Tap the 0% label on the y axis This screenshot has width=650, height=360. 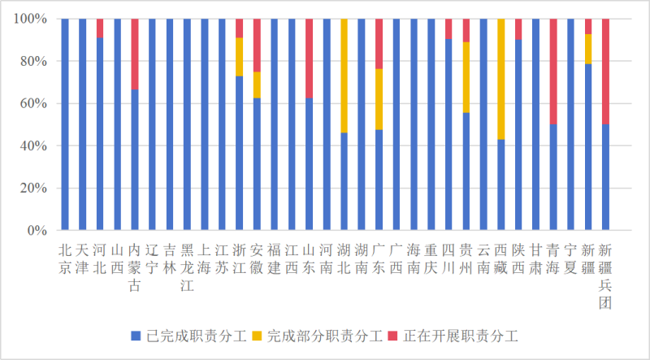point(37,231)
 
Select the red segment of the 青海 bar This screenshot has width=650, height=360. point(553,72)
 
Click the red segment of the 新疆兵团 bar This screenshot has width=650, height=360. point(606,72)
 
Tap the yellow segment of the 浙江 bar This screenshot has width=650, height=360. point(240,56)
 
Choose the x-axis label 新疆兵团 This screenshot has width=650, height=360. point(606,276)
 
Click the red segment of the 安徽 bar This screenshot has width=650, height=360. point(257,45)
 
